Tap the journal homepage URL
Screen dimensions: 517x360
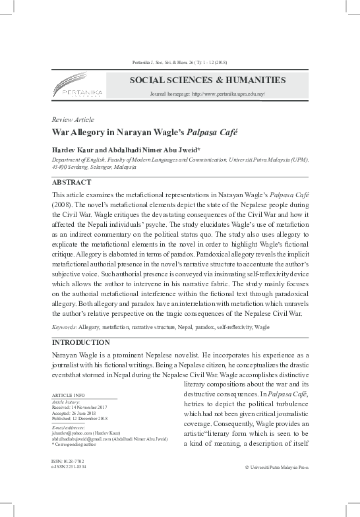pos(208,95)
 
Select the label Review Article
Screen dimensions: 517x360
pos(73,119)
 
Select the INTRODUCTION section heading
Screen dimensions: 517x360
pos(80,342)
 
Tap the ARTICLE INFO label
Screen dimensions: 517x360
pos(68,395)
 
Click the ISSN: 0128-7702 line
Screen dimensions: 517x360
pos(69,460)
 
